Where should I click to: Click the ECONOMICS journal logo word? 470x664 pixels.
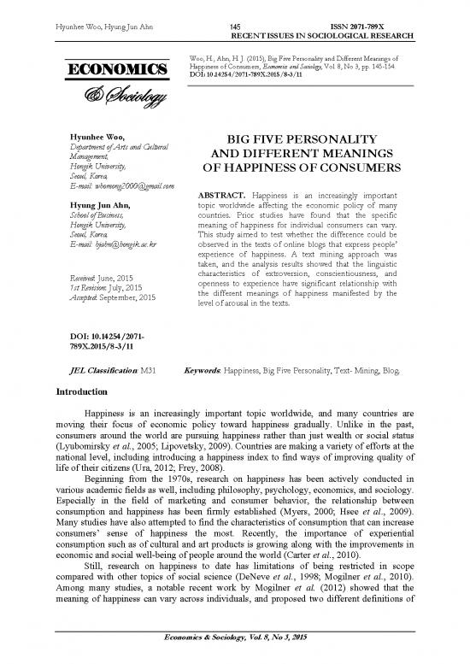[x=111, y=68]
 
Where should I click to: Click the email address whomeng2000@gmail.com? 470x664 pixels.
[x=132, y=186]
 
